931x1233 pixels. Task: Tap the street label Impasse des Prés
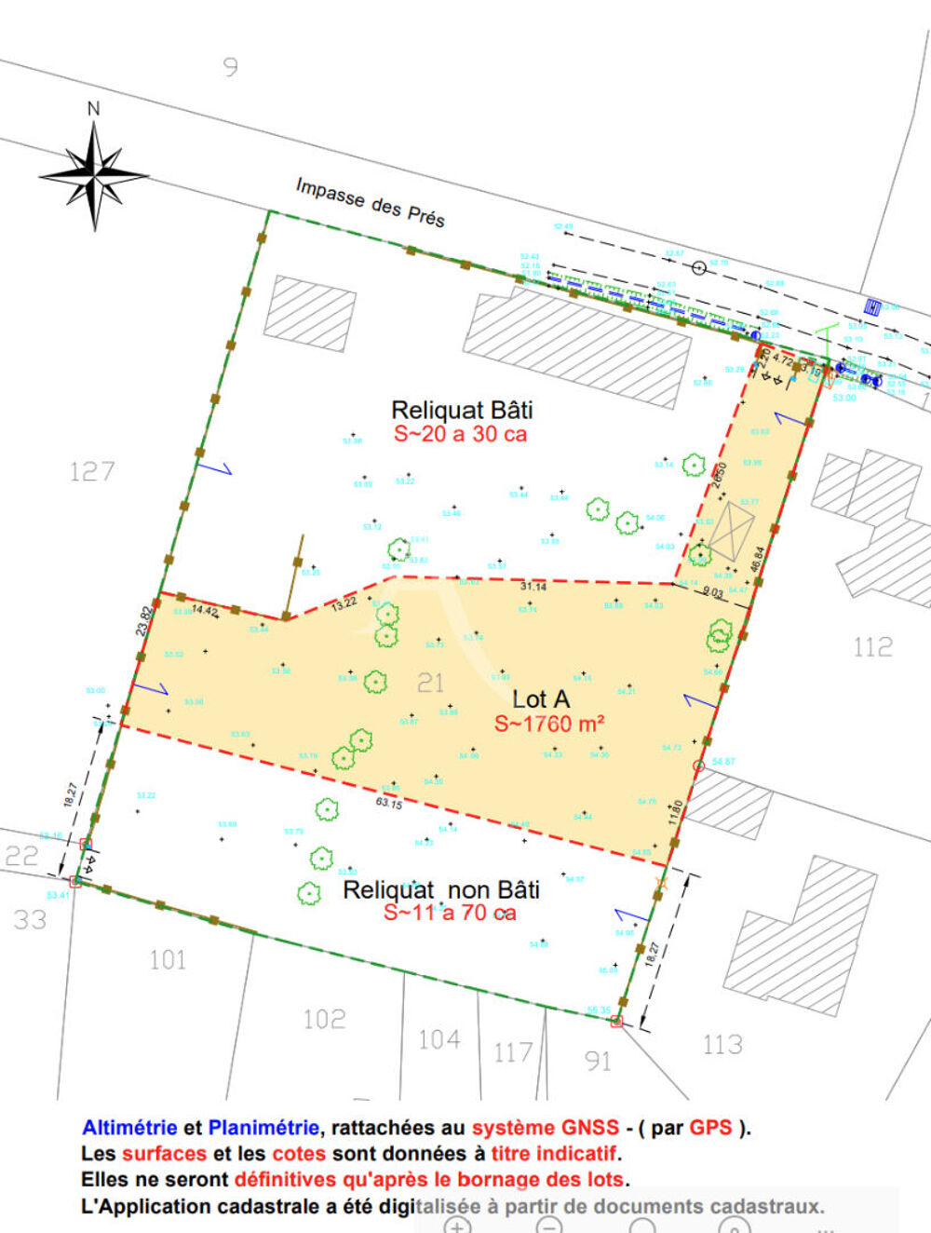[370, 202]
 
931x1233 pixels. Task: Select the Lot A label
[541, 699]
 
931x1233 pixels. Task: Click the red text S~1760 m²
[549, 725]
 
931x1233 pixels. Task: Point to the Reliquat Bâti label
[462, 410]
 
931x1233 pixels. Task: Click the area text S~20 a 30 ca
[460, 434]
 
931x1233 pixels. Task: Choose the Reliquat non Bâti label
[441, 890]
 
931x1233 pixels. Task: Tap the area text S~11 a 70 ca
[450, 914]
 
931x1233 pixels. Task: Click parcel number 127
[92, 471]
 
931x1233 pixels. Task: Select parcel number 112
[872, 646]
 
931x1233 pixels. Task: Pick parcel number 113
[722, 1044]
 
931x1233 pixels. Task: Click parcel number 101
[168, 959]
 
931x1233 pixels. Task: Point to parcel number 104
[439, 1038]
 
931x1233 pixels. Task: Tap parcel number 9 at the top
[230, 67]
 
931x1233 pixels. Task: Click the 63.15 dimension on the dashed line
[389, 802]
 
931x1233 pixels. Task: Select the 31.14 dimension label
[533, 587]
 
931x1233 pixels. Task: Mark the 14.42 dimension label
[205, 612]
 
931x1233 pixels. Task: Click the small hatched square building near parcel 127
[310, 312]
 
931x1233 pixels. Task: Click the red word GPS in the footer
[710, 1128]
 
